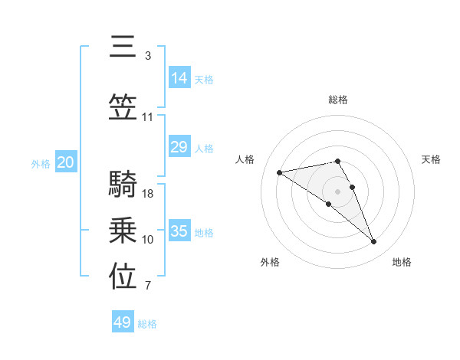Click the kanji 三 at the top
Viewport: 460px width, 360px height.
coord(123,47)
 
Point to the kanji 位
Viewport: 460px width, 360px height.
coord(123,277)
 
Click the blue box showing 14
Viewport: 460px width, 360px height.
coord(179,77)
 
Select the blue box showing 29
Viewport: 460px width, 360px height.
coord(179,147)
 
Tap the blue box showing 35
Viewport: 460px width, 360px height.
coord(179,231)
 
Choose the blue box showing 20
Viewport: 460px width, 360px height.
coord(66,162)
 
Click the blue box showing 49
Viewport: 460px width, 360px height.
coord(123,322)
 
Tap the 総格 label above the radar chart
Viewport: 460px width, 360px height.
coord(338,100)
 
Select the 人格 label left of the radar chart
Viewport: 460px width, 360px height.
coord(245,159)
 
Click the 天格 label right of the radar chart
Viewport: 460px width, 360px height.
coord(431,159)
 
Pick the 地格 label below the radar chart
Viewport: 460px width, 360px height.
coord(402,262)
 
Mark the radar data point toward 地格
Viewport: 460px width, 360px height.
coord(374,242)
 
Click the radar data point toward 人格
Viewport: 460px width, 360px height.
coord(279,172)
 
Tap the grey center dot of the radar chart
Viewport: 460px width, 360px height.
coord(337,191)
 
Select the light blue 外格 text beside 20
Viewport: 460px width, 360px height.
coord(41,163)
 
